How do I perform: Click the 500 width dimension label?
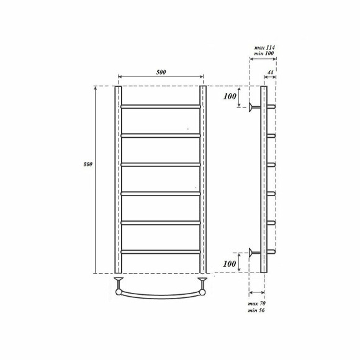[x=161, y=71]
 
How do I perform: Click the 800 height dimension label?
[x=88, y=164]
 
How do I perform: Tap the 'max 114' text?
[x=265, y=47]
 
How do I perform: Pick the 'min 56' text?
[x=258, y=310]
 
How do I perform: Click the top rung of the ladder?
[x=160, y=106]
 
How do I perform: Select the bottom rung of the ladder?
[x=160, y=251]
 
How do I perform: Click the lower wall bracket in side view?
[x=252, y=252]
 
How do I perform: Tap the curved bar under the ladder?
[x=160, y=295]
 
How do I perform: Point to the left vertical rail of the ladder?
[x=117, y=180]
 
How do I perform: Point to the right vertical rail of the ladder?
[x=202, y=180]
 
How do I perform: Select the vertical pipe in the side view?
[x=264, y=180]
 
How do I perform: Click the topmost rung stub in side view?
[x=271, y=106]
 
